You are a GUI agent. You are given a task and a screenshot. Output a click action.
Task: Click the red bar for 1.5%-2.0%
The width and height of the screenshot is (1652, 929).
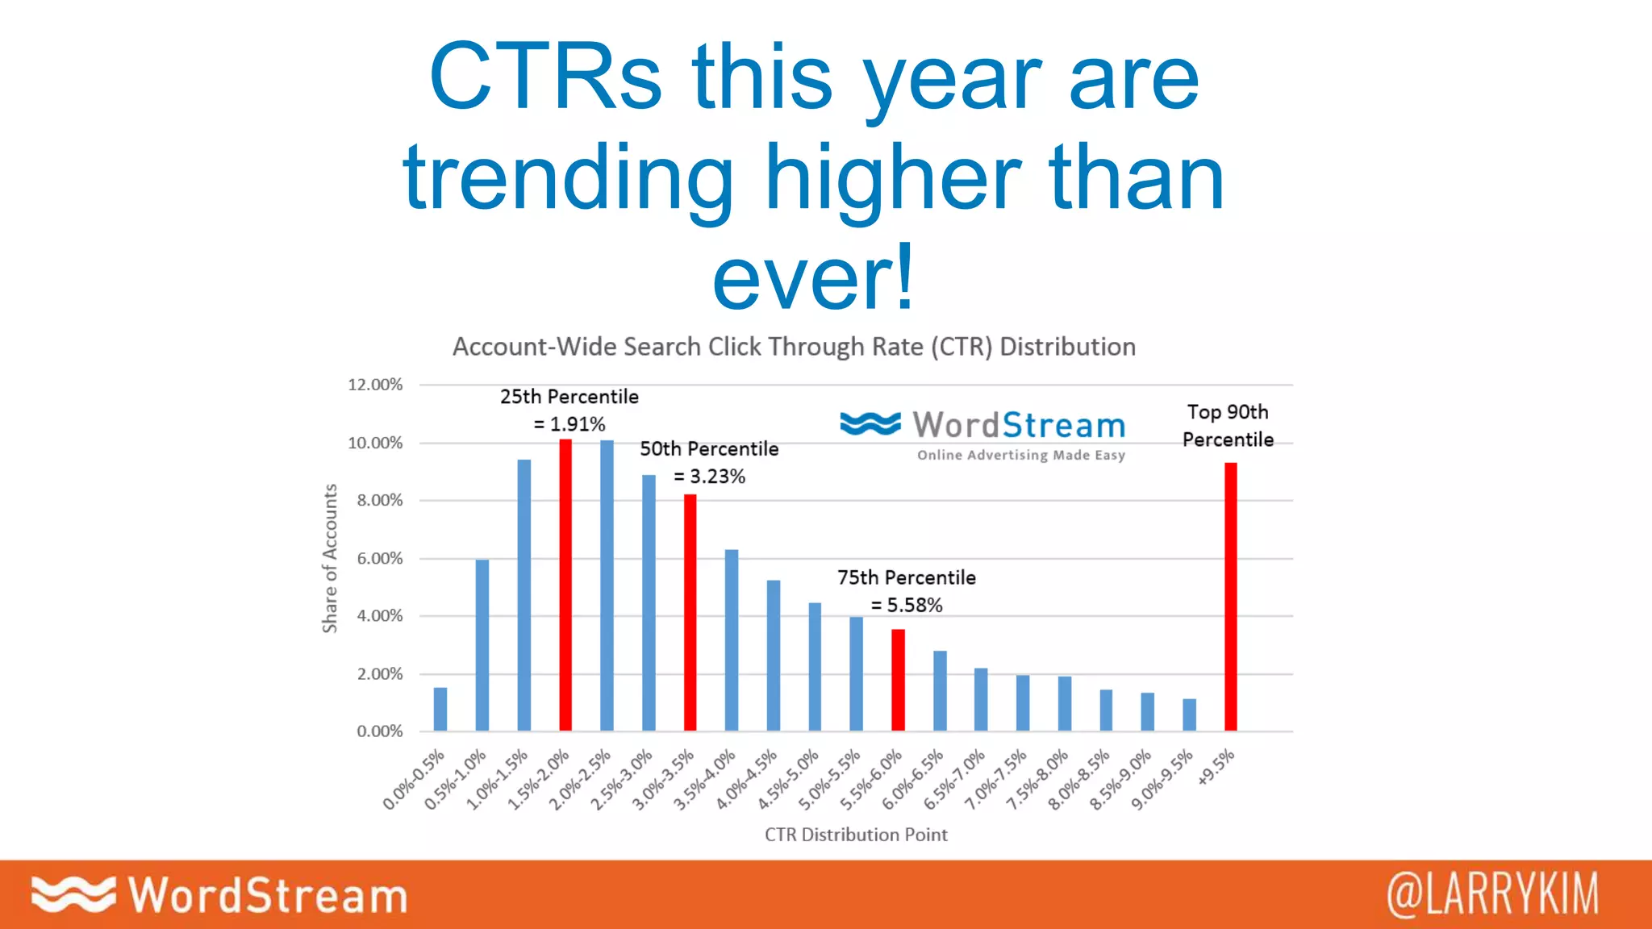tap(565, 585)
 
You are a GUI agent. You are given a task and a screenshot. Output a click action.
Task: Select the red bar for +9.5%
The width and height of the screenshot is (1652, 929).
tap(1230, 597)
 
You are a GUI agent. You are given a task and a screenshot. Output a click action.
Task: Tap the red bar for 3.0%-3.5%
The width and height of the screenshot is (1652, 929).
tap(690, 613)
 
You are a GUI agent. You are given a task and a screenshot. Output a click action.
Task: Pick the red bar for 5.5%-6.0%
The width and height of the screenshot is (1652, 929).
tap(898, 680)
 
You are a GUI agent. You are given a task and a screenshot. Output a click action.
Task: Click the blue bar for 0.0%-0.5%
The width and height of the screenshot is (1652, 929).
tap(440, 709)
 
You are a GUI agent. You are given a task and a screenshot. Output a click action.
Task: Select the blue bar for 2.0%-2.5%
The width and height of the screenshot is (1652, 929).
tap(607, 585)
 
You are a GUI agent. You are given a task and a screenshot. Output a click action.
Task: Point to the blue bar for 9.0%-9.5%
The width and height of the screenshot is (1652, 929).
tap(1189, 714)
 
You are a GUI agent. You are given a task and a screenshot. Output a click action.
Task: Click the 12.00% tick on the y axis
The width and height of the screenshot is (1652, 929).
tap(375, 385)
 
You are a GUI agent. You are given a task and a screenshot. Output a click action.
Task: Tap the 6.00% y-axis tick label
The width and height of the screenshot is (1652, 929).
tap(379, 558)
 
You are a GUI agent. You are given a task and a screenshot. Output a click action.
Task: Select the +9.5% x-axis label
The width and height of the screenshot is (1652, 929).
tap(1216, 767)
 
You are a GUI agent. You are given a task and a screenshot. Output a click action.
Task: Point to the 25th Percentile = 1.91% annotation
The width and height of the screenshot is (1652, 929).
tap(569, 410)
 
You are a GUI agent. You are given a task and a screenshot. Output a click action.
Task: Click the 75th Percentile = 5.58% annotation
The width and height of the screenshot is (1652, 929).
tap(907, 591)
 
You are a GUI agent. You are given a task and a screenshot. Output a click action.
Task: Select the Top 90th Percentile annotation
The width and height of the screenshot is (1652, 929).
tap(1228, 426)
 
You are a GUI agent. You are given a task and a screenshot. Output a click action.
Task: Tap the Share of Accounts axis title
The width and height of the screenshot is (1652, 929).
tap(329, 558)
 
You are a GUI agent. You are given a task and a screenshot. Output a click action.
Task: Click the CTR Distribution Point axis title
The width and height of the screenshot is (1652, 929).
tap(856, 835)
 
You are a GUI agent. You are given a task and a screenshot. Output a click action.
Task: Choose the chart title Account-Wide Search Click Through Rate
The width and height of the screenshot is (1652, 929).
tap(794, 347)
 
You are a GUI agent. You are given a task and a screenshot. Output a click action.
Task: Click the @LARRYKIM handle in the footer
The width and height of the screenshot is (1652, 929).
tap(1492, 894)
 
